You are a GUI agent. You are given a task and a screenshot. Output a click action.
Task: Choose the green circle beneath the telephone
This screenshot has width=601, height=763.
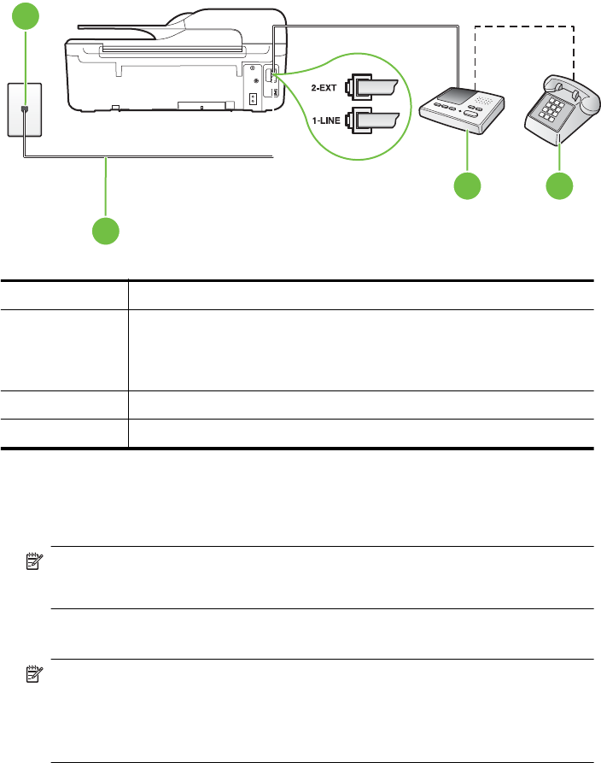tap(559, 186)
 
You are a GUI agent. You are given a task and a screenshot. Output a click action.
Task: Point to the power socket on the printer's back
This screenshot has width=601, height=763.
tap(253, 98)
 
